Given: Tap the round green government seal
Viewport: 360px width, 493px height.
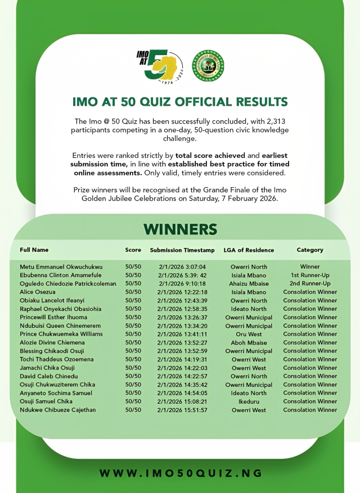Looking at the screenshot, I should pyautogui.click(x=208, y=66).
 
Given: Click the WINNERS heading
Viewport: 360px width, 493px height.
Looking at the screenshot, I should pyautogui.click(x=180, y=229).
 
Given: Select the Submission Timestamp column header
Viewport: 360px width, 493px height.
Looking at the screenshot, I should pyautogui.click(x=182, y=250).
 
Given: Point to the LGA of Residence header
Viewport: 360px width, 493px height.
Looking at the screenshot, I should pyautogui.click(x=249, y=250).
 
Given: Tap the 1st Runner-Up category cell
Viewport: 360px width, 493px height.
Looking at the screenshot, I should pyautogui.click(x=310, y=275).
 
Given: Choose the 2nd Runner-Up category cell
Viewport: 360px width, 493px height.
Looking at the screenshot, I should pyautogui.click(x=310, y=284).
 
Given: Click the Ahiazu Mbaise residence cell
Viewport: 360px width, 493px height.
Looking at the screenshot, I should pyautogui.click(x=249, y=284).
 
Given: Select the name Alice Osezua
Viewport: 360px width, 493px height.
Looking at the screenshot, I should pyautogui.click(x=38, y=292).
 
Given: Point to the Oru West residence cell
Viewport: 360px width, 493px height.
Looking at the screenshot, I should pyautogui.click(x=249, y=334).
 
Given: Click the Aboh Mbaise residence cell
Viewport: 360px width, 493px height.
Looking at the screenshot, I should pyautogui.click(x=249, y=343).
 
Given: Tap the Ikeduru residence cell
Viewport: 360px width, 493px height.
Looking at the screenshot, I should pyautogui.click(x=249, y=402).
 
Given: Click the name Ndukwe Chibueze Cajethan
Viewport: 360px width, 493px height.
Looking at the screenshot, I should pyautogui.click(x=58, y=410).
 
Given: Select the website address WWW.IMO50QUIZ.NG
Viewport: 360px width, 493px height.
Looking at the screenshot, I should pyautogui.click(x=181, y=473).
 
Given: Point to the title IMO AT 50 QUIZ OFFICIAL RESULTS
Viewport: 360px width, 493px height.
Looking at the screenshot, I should pyautogui.click(x=180, y=102).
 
